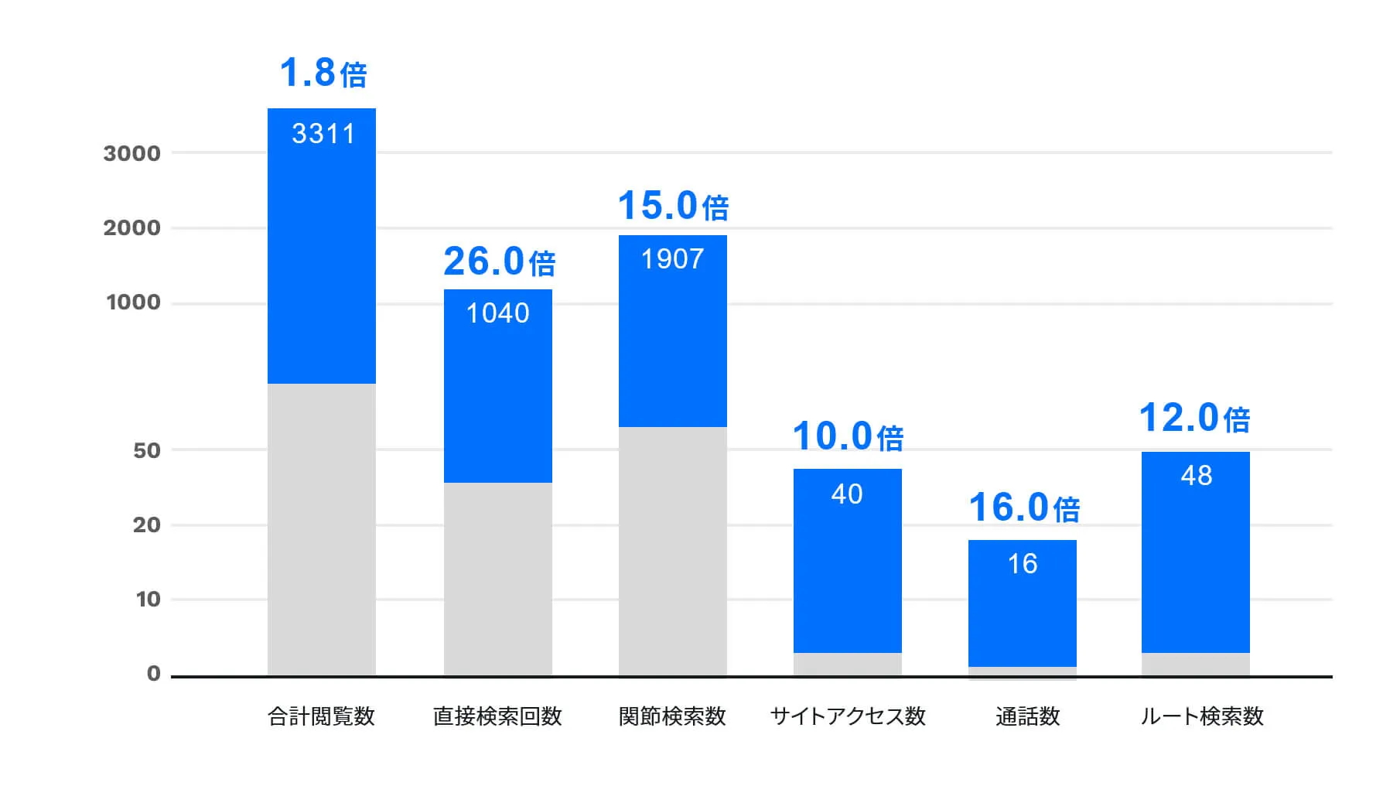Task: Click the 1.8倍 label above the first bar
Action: (x=323, y=73)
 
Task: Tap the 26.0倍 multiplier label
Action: (x=499, y=261)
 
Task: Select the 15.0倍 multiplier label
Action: (x=673, y=206)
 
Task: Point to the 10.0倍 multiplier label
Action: (x=848, y=436)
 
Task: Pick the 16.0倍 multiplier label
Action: (x=1023, y=507)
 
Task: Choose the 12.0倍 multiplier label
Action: (x=1194, y=419)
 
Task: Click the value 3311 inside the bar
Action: (x=323, y=134)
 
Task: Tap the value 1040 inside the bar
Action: (x=497, y=313)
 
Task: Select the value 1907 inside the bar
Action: (x=672, y=259)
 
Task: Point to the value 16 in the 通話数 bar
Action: (x=1022, y=564)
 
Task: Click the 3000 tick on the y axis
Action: (x=132, y=153)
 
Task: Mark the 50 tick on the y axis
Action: (x=147, y=450)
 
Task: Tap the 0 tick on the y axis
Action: (x=154, y=673)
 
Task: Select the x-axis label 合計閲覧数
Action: (x=321, y=716)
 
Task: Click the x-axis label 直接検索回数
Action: (x=497, y=716)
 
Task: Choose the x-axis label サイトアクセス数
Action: (x=848, y=716)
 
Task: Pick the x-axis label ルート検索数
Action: (x=1201, y=716)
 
